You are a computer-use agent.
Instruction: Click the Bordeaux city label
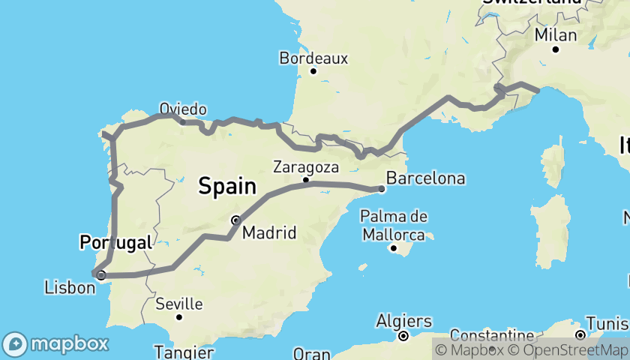pyautogui.click(x=313, y=57)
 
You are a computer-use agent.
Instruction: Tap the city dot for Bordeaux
pyautogui.click(x=313, y=71)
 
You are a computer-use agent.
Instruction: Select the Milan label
pyautogui.click(x=556, y=35)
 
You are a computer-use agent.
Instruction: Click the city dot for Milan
pyautogui.click(x=556, y=49)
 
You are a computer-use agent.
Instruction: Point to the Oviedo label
pyautogui.click(x=183, y=109)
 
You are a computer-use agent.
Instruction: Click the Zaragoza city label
pyautogui.click(x=306, y=166)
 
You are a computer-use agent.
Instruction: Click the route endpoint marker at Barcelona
pyautogui.click(x=382, y=189)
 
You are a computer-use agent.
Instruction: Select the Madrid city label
pyautogui.click(x=268, y=232)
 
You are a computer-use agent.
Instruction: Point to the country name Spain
pyautogui.click(x=227, y=186)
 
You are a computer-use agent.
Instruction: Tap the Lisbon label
pyautogui.click(x=70, y=287)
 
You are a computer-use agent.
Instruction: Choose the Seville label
pyautogui.click(x=179, y=304)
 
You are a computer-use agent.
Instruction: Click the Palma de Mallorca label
pyautogui.click(x=394, y=226)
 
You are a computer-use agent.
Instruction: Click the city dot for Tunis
pyautogui.click(x=580, y=334)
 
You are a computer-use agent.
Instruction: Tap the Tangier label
pyautogui.click(x=184, y=352)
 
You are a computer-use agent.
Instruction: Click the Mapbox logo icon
pyautogui.click(x=15, y=344)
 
